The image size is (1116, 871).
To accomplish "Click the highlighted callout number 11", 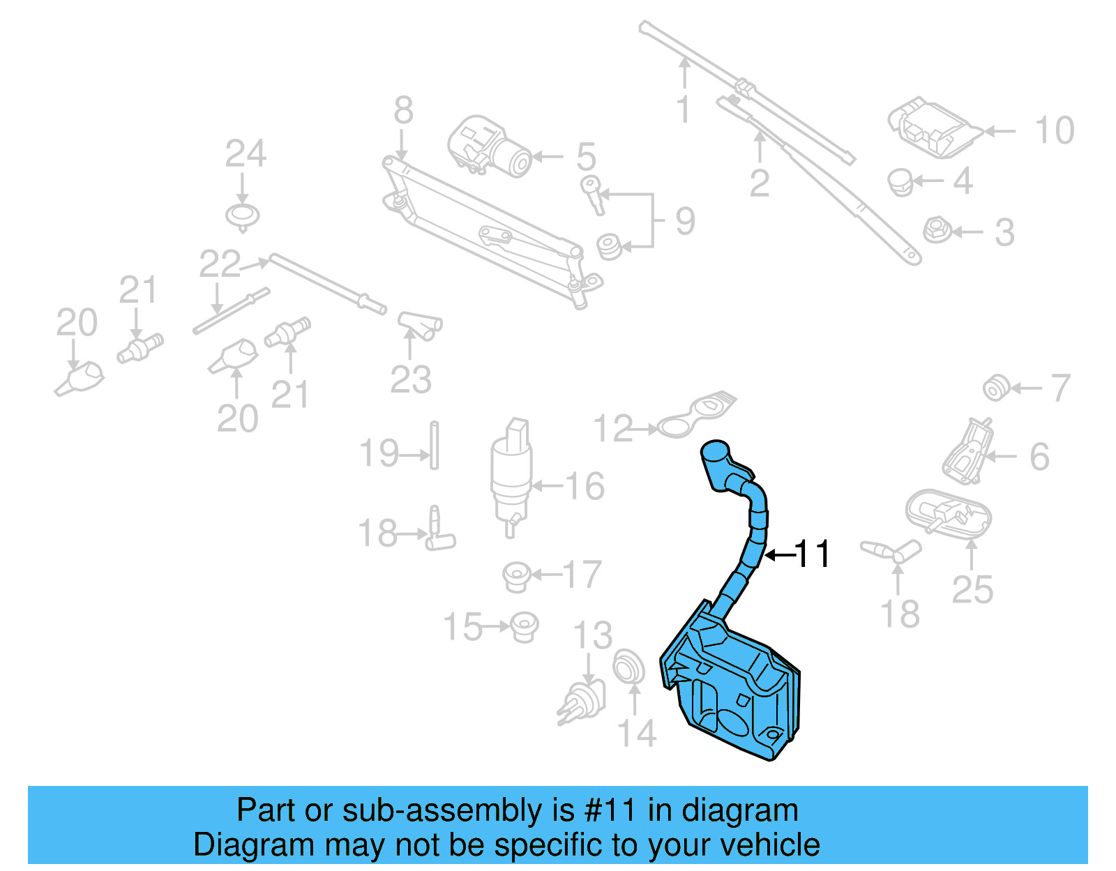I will (813, 555).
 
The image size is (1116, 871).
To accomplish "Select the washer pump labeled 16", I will (511, 474).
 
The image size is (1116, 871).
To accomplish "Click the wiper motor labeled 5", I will (488, 146).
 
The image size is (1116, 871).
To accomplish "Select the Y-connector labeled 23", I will (420, 325).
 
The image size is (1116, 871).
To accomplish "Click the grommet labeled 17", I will (517, 576).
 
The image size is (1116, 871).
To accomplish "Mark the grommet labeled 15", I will (523, 626).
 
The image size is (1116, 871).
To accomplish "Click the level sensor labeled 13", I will (582, 702).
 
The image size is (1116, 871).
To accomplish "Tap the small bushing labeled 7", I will (995, 388).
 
